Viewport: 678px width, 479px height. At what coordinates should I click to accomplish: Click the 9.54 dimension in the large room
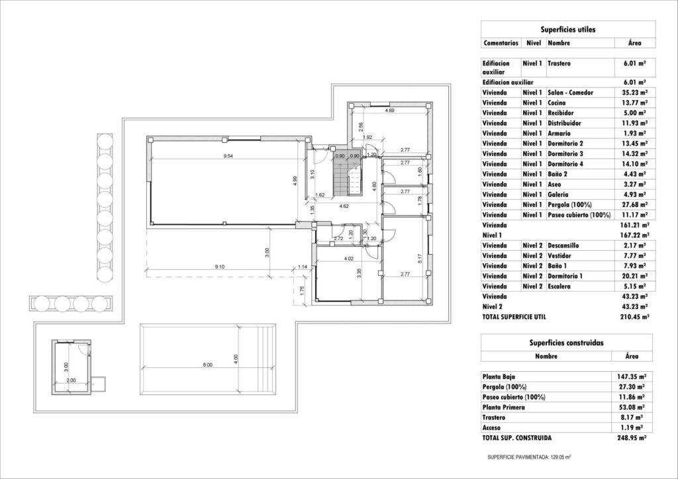pos(228,155)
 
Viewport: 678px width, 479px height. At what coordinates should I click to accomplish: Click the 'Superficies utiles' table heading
pos(567,29)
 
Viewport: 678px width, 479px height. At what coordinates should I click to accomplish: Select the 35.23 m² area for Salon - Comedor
pos(634,93)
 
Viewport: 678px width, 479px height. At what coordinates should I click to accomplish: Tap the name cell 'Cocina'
pos(557,104)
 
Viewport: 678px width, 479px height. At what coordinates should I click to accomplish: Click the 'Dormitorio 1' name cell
pos(565,276)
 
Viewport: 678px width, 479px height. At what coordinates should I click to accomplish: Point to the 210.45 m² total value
pos(634,317)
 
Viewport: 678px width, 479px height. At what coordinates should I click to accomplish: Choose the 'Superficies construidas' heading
pos(567,343)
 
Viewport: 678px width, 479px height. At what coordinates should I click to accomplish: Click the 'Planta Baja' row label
pos(501,376)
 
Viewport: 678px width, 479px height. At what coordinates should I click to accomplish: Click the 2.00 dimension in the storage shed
pos(72,380)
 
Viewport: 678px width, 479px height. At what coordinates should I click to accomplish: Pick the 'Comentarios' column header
pos(501,43)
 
